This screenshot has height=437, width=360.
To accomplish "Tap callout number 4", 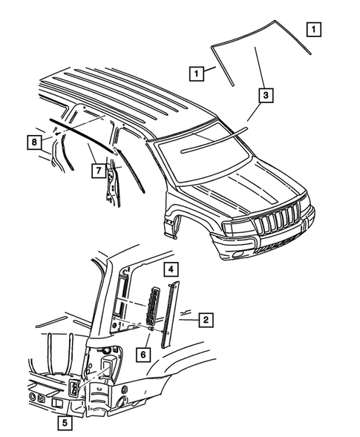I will [x=170, y=268].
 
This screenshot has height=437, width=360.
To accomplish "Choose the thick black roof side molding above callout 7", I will [x=82, y=134].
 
